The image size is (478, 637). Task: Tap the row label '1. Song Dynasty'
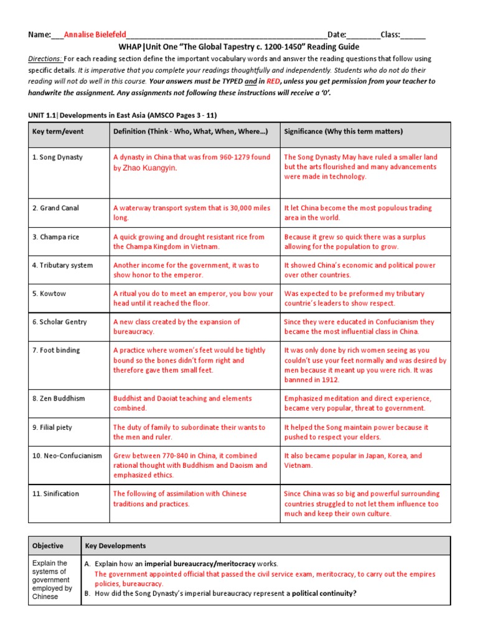tap(57, 157)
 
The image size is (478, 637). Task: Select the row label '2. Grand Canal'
tap(55, 208)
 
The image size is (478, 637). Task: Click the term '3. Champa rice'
tap(55, 237)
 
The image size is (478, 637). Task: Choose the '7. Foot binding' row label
tap(56, 350)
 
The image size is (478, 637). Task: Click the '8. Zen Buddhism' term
tap(59, 398)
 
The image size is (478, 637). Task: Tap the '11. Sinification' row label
tap(55, 493)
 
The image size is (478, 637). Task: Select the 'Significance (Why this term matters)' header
tap(344, 131)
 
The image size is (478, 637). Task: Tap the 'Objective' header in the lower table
tap(48, 546)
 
